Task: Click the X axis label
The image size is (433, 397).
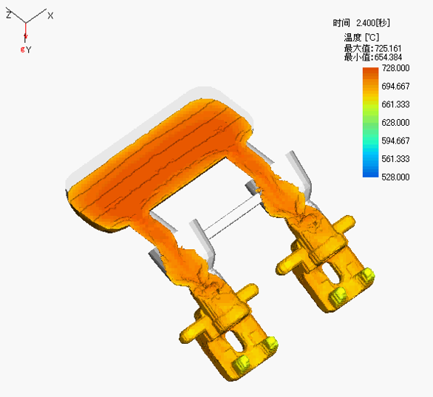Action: pyautogui.click(x=50, y=16)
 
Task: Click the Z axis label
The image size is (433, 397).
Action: pyautogui.click(x=9, y=14)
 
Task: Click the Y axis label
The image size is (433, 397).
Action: pyautogui.click(x=28, y=50)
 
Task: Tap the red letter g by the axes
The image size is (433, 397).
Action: pyautogui.click(x=23, y=50)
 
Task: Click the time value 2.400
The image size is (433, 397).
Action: pyautogui.click(x=366, y=23)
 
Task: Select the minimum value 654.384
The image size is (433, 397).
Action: pyautogui.click(x=388, y=58)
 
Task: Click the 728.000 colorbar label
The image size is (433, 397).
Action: pyautogui.click(x=395, y=68)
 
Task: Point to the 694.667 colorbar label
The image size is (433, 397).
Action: pyautogui.click(x=395, y=86)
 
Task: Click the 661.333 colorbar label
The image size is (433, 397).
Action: pyautogui.click(x=395, y=104)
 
